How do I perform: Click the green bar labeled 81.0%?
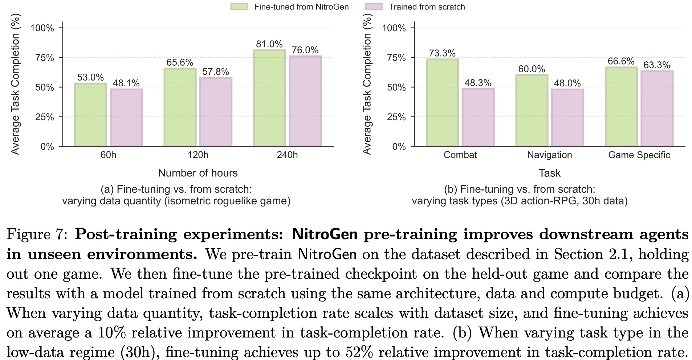(x=269, y=98)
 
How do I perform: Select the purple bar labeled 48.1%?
(x=126, y=118)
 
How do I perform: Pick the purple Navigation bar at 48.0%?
(x=567, y=118)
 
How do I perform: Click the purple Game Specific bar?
(x=657, y=109)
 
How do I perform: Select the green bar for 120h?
(x=180, y=107)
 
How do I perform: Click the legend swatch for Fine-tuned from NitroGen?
(x=239, y=7)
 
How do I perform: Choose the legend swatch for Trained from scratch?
(x=374, y=7)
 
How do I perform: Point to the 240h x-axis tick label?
(x=287, y=155)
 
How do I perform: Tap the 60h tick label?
(x=108, y=155)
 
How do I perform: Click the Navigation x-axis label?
(x=549, y=155)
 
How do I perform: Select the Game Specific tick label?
(x=639, y=155)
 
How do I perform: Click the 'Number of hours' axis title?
(x=198, y=173)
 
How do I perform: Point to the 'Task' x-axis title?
(x=549, y=173)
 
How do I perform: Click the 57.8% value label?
(x=216, y=72)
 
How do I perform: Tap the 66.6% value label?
(x=621, y=61)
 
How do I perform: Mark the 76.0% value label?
(x=305, y=50)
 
